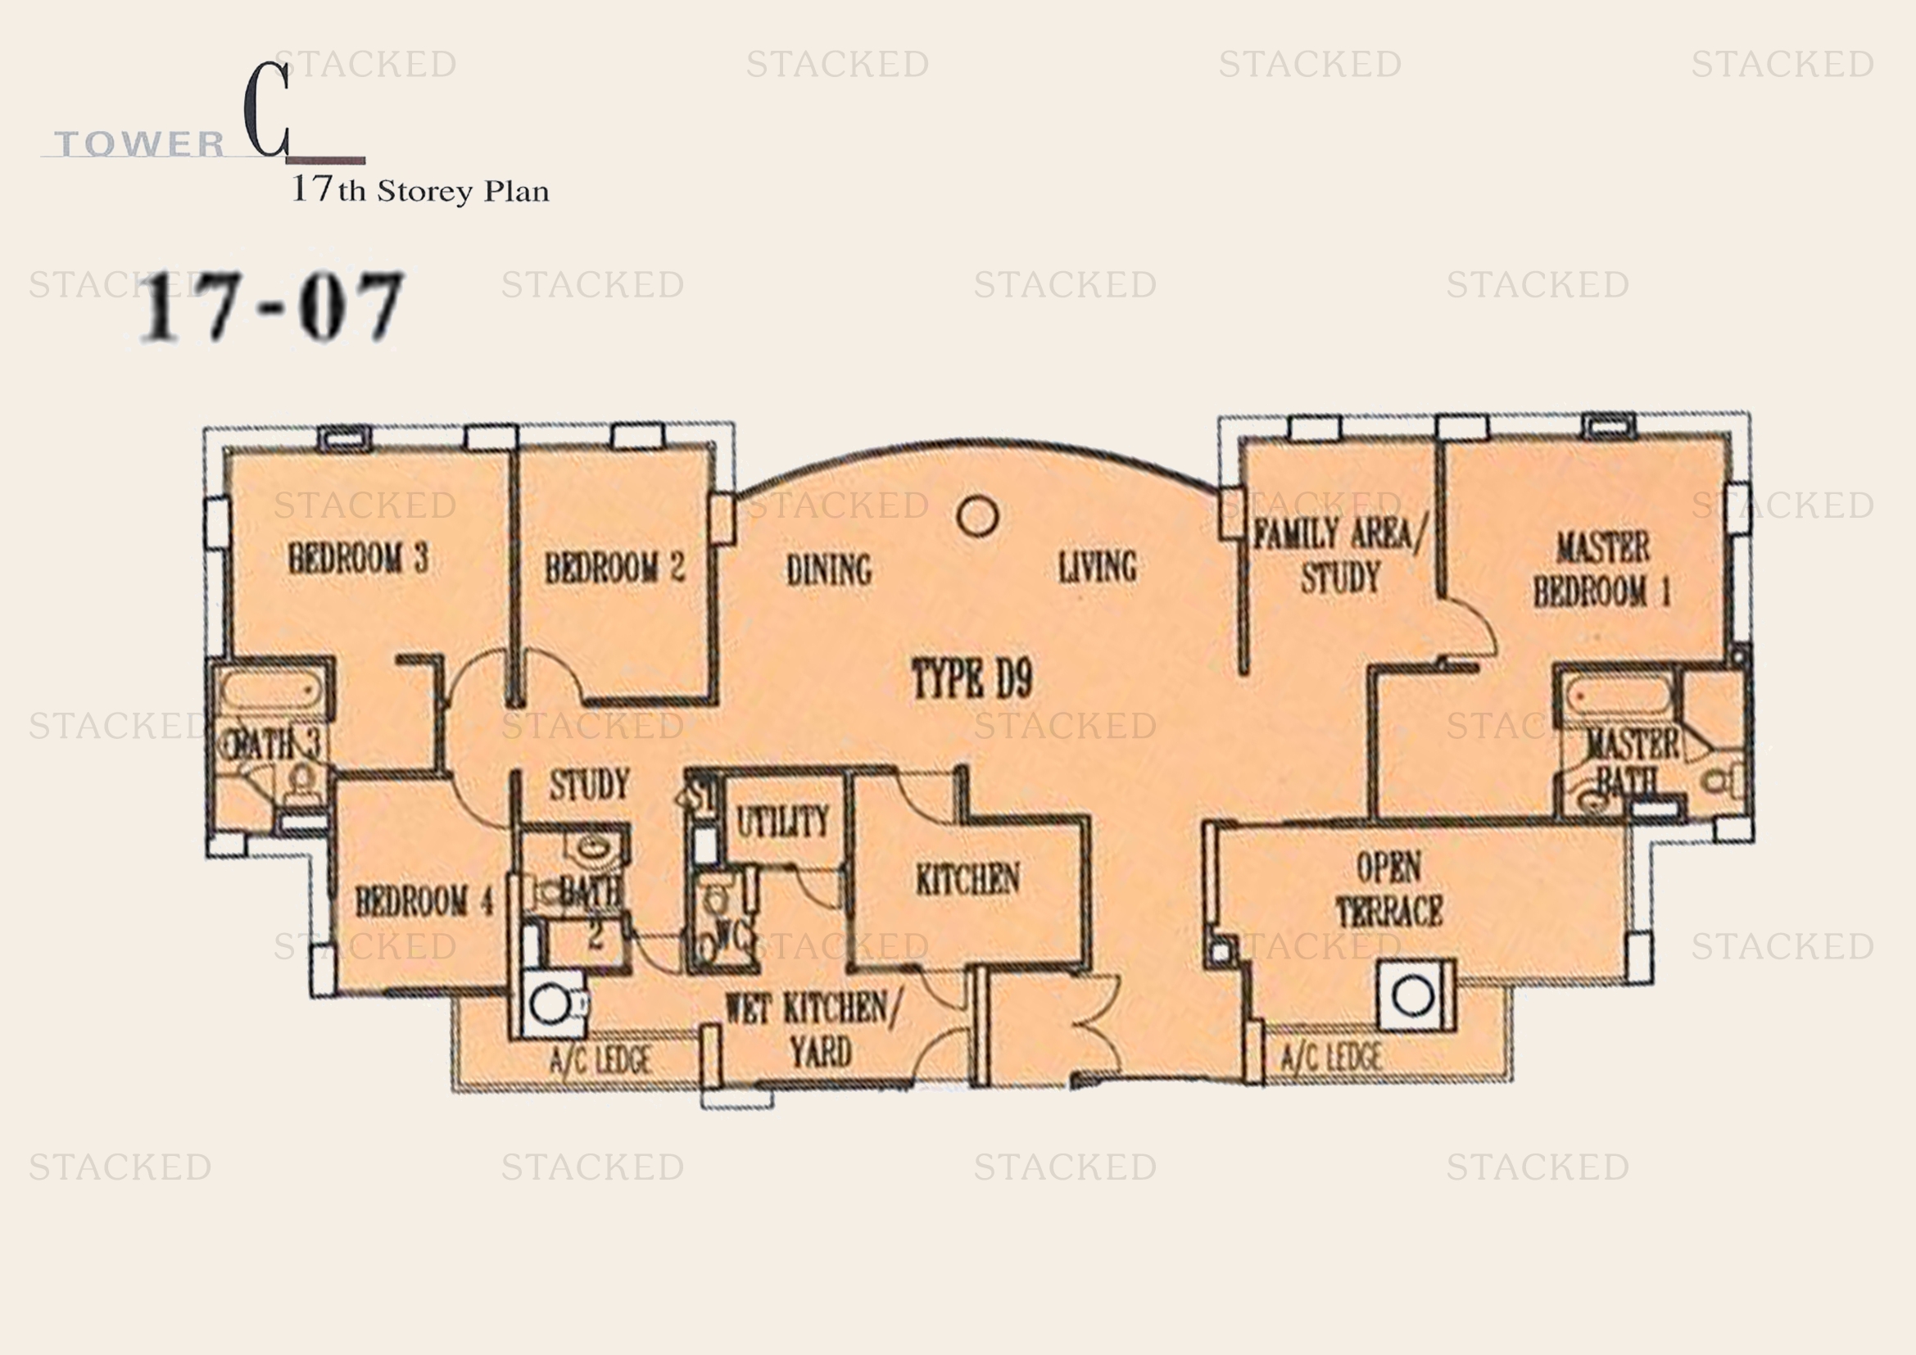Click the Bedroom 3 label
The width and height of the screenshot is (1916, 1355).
pos(358,558)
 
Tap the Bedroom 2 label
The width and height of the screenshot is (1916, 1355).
pos(615,569)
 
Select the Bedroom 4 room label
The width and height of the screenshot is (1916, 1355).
pos(424,902)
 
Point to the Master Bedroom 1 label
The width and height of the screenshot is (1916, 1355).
pos(1602,571)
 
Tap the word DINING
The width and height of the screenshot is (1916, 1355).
pos(829,571)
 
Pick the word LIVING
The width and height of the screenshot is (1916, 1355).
pos(1098,568)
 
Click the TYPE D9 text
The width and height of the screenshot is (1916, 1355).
pos(972,679)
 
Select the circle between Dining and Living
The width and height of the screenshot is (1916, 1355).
pos(978,516)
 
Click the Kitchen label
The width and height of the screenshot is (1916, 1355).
pos(967,879)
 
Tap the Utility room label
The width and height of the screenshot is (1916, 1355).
pos(783,823)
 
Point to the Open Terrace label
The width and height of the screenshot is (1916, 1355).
pos(1389,890)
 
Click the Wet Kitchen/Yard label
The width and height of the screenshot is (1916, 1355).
pos(813,1031)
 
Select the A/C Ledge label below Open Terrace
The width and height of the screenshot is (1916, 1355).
pos(1331,1058)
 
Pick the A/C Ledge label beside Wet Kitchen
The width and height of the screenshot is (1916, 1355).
pos(600,1060)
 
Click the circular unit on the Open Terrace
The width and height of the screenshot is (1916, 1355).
pos(1414,996)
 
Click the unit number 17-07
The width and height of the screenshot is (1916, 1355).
pos(272,306)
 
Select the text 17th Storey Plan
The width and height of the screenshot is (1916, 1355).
pos(419,190)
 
